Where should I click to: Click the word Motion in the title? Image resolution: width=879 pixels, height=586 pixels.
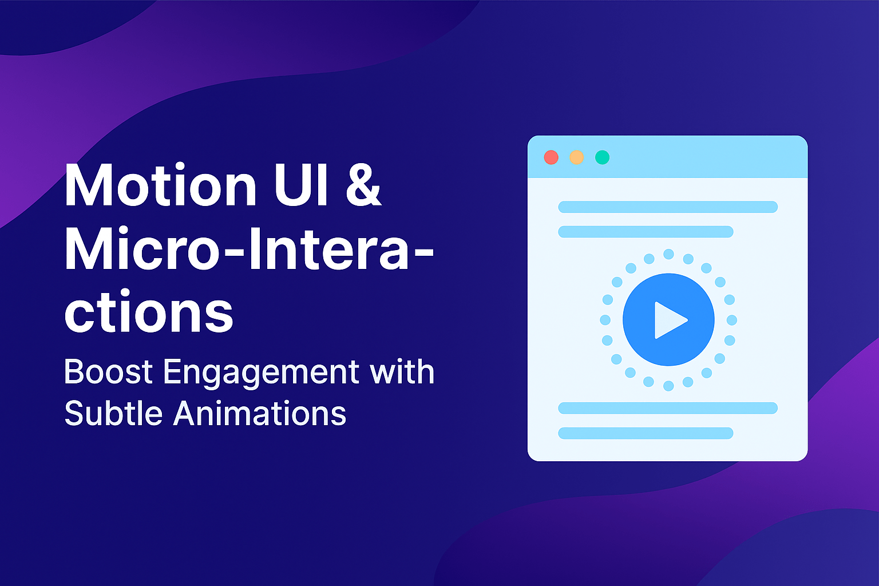161,187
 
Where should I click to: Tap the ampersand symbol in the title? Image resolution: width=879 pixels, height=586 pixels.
363,187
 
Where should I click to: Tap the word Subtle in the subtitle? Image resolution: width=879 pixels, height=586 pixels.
113,413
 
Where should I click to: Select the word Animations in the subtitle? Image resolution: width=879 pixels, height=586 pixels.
260,413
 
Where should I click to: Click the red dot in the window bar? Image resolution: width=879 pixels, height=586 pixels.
551,157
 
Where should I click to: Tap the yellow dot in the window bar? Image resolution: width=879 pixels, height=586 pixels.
577,157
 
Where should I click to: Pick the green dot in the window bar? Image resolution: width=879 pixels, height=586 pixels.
602,157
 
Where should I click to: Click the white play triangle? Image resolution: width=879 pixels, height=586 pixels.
668,320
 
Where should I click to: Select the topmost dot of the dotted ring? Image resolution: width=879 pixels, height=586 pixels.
668,254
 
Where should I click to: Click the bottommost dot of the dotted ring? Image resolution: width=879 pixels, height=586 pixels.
668,386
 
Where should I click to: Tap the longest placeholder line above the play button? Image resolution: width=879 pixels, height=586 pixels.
668,207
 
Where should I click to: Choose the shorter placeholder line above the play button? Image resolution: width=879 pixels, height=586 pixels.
646,232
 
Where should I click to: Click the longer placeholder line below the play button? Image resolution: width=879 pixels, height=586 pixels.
668,408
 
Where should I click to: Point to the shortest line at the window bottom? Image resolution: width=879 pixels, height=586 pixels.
646,433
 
